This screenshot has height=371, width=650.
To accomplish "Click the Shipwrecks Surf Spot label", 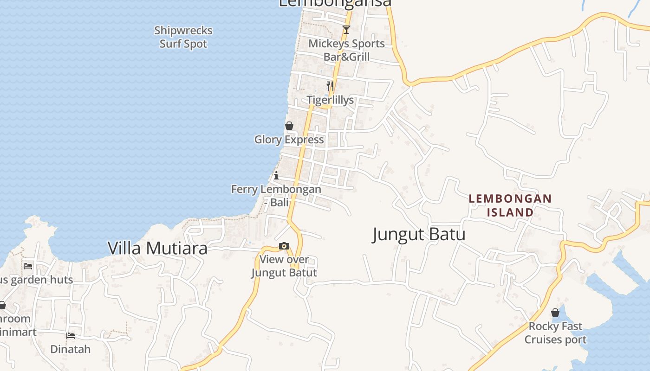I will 183,37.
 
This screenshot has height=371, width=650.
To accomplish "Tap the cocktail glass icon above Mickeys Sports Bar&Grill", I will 346,30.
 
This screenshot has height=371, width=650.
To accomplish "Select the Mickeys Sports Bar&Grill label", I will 346,50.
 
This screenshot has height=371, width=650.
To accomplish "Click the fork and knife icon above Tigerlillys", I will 330,86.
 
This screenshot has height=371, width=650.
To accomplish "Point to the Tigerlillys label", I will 330,100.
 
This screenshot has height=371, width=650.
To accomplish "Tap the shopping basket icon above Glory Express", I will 289,126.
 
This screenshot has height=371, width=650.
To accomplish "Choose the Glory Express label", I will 289,140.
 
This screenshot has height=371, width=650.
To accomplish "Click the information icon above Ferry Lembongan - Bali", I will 276,175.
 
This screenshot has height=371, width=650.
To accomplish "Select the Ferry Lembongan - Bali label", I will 276,196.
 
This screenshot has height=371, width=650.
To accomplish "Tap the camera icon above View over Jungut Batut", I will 284,246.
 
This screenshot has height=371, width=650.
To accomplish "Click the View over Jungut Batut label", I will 284,266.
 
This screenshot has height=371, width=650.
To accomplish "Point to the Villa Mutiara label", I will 157,248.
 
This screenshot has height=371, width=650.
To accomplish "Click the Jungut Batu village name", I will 419,234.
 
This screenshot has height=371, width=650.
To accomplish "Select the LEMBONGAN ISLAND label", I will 510,205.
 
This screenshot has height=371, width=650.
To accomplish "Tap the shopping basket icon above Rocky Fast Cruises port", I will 555,313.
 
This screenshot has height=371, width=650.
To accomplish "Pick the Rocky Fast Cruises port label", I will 555,333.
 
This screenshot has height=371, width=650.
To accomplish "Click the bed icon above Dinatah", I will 71,335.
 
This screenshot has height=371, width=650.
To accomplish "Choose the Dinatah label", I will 71,349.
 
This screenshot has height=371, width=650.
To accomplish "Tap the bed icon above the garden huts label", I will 28,266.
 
